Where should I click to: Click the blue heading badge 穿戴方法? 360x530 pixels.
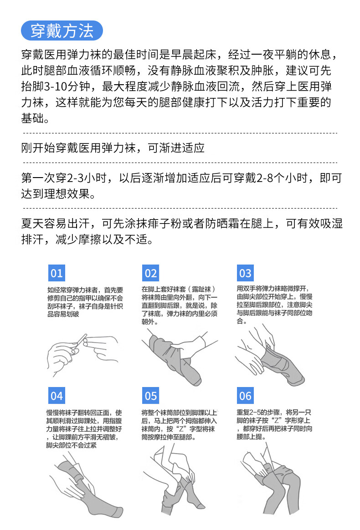click(x=62, y=31)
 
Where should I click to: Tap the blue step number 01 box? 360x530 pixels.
click(x=57, y=273)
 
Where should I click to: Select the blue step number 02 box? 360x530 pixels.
click(x=151, y=273)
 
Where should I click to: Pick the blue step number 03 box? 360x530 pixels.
click(x=245, y=273)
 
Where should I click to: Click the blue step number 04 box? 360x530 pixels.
click(x=57, y=396)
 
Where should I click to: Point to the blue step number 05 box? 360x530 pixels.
click(x=151, y=396)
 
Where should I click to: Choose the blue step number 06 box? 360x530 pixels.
click(x=245, y=396)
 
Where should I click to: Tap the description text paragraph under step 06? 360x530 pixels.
click(x=275, y=424)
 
